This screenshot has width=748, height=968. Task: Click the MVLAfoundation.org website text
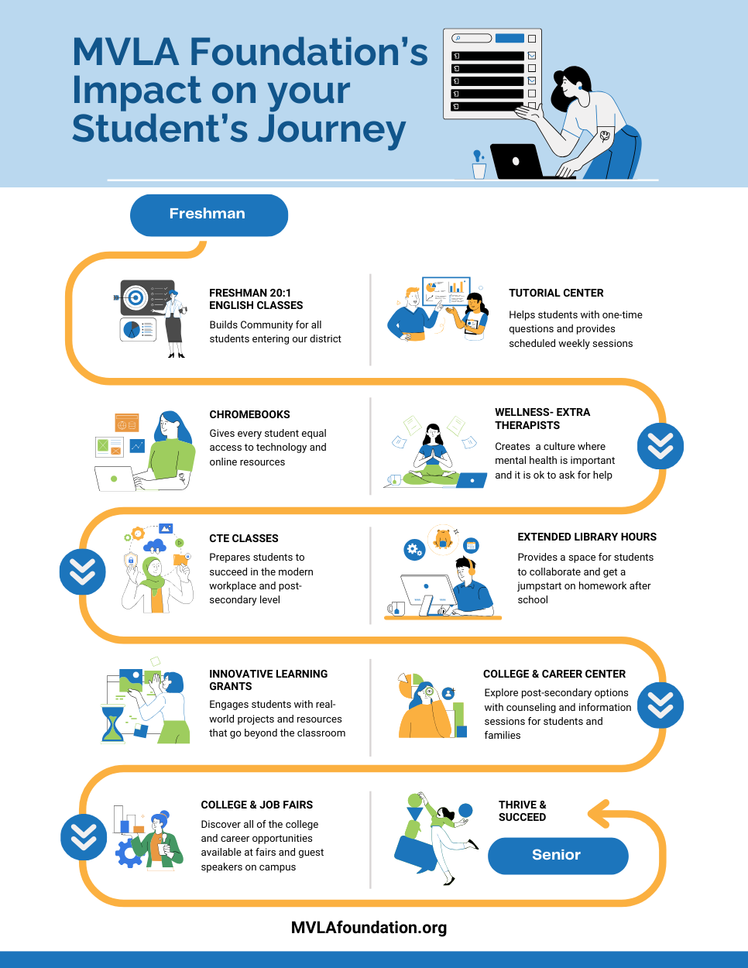369,927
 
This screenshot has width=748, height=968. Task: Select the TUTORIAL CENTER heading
556,293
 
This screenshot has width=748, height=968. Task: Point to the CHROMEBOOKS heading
249,414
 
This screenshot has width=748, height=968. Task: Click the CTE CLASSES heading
243,538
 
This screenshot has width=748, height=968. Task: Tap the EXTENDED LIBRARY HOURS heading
586,537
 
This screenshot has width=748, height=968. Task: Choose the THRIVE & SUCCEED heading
522,811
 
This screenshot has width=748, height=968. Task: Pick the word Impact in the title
137,91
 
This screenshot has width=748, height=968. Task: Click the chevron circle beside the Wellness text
660,446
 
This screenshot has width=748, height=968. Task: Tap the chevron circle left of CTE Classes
82,572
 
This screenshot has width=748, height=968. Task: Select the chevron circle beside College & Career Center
660,705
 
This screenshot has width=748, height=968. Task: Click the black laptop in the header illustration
516,161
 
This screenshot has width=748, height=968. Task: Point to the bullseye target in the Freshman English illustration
136,297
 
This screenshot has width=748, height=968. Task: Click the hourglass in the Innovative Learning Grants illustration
113,722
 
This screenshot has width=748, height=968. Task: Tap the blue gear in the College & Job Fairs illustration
127,853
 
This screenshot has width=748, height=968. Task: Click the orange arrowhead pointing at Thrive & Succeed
598,813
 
